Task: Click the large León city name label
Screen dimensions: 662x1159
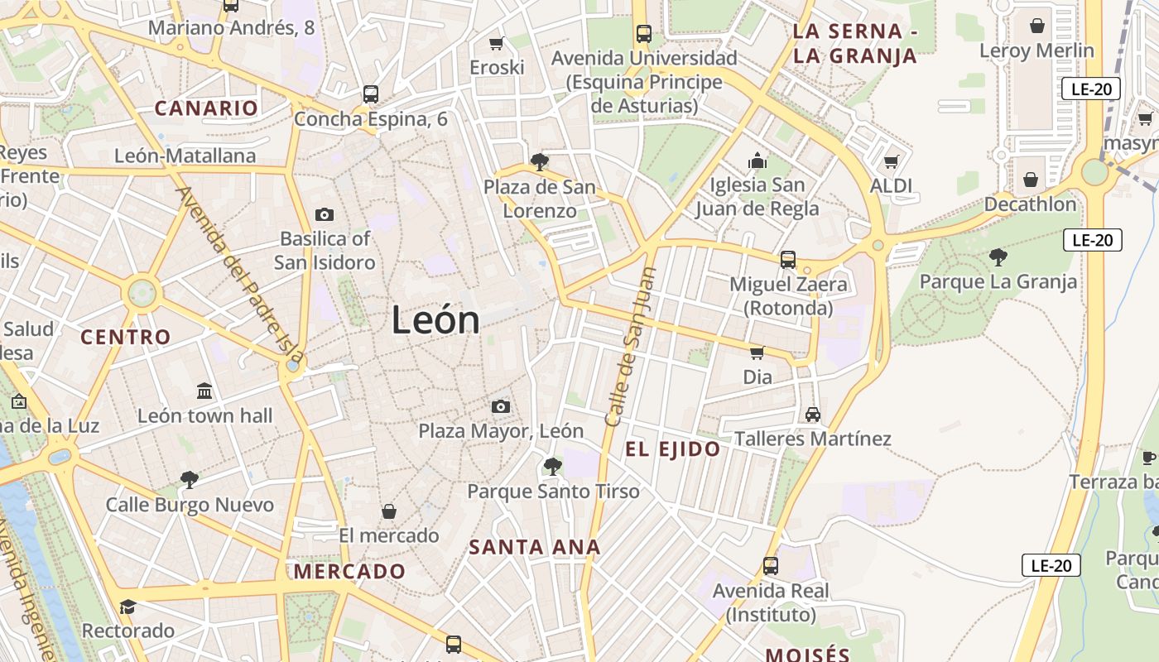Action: coord(435,320)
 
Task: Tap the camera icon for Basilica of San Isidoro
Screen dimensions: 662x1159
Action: coord(325,215)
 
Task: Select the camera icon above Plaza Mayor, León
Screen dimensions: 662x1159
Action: coord(500,406)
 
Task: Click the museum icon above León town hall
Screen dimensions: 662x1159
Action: coord(204,391)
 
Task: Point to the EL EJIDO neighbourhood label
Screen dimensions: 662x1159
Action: coord(672,449)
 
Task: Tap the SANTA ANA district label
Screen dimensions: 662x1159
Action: coord(535,547)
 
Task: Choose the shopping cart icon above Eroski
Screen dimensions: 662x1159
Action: coord(497,43)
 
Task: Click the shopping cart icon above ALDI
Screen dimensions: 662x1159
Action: coord(891,161)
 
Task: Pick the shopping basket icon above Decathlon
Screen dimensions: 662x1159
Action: coord(1031,180)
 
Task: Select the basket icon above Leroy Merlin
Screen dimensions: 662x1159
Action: coord(1036,26)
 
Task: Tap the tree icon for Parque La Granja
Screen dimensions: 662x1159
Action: coord(998,257)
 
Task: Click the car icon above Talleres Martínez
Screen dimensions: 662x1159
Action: coord(813,415)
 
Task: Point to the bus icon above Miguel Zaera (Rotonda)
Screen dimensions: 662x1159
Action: coord(788,260)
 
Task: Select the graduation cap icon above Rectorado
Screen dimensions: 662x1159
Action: coord(127,607)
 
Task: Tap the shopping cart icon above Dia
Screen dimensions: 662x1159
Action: coord(757,353)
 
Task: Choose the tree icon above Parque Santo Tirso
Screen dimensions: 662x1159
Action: coord(553,467)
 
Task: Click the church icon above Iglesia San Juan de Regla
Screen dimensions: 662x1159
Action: coord(757,161)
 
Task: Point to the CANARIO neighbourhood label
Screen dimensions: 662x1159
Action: coord(206,108)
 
